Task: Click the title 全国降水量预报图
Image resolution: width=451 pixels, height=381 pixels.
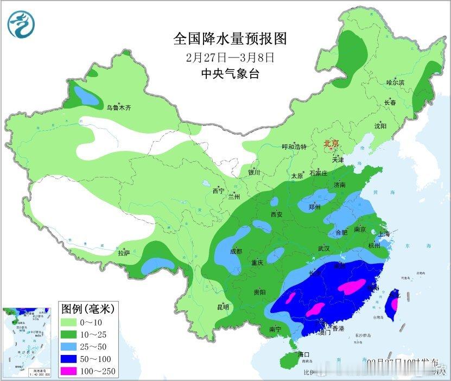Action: [230, 39]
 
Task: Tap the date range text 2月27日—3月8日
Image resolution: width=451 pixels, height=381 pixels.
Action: [230, 56]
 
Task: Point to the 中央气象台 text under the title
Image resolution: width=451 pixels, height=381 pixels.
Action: [230, 73]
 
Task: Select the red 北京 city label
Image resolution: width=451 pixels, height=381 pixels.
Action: [331, 143]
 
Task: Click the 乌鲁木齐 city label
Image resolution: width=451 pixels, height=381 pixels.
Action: [118, 107]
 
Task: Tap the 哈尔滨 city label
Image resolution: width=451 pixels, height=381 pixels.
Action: [395, 82]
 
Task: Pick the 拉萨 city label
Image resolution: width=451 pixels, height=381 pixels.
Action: [124, 252]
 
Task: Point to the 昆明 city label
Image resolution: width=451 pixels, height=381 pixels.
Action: [223, 307]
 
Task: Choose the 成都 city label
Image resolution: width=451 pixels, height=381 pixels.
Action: [236, 251]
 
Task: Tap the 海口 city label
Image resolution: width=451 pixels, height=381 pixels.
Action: [304, 354]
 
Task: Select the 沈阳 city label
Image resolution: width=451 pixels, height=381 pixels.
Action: [380, 126]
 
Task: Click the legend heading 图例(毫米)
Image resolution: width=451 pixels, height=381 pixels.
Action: [87, 309]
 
